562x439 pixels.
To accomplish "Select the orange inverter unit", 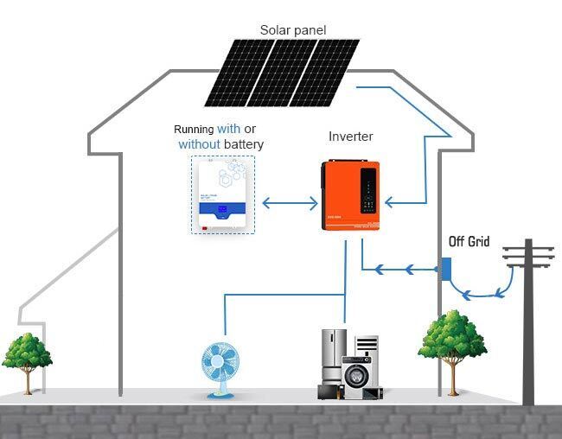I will tap(350, 195).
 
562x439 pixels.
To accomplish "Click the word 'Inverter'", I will tap(351, 137).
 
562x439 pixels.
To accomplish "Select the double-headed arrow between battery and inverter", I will tap(290, 204).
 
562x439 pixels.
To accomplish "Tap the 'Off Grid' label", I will tap(469, 241).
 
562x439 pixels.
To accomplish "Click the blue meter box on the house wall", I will tap(447, 269).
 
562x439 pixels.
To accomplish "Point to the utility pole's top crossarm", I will tap(527, 250).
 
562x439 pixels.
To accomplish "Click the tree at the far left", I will tap(27, 353).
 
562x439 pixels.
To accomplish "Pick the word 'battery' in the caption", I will tap(244, 144).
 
